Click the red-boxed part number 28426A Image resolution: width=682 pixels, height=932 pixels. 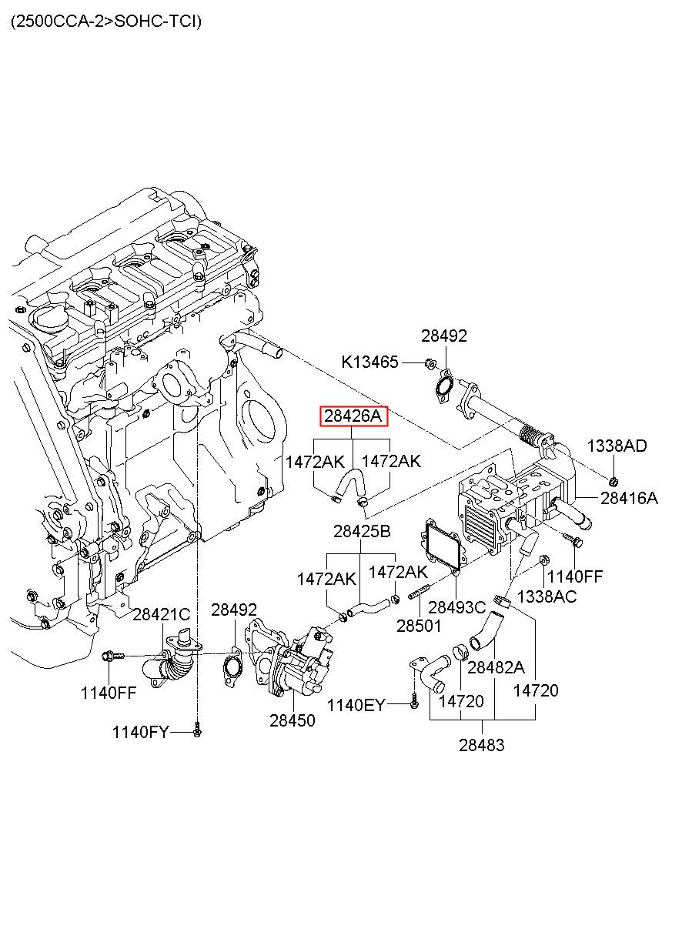pos(353,416)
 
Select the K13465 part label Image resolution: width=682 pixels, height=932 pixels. pos(369,362)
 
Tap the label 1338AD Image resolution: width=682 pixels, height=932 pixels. pos(617,446)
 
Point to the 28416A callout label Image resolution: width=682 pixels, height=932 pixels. pos(629,498)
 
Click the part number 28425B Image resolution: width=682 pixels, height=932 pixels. pos(362,531)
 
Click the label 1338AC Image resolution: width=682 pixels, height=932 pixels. pos(547,596)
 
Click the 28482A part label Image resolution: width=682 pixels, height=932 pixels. pos(496,667)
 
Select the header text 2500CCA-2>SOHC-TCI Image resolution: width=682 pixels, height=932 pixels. pos(106,22)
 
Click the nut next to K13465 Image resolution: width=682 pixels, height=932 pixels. pos(430,363)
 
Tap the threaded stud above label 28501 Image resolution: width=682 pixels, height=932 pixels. pos(419,592)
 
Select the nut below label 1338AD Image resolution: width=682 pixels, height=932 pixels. pos(614,482)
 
